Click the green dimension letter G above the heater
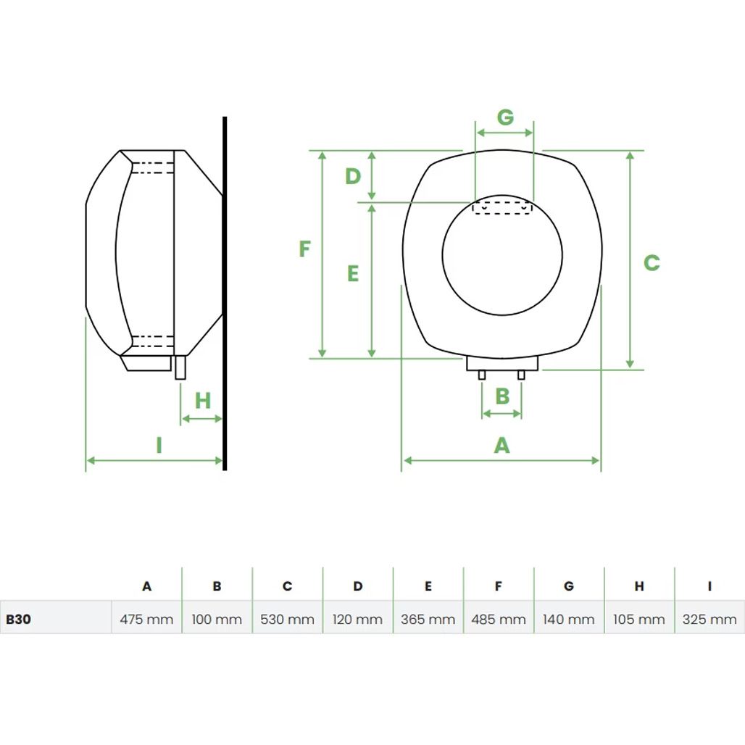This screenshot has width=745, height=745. coord(505,117)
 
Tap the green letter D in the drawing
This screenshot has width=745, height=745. coord(353,176)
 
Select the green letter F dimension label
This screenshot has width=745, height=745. coord(304,249)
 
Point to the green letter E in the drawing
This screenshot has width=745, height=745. coord(353,274)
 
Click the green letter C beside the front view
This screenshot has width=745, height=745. coord(652,263)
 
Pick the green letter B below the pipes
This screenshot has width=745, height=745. coord(502,396)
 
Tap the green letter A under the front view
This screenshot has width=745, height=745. coord(501,446)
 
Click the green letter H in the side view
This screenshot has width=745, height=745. coord(203,401)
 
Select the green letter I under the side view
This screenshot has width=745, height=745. coord(159,446)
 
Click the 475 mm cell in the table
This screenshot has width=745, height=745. coord(146,619)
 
